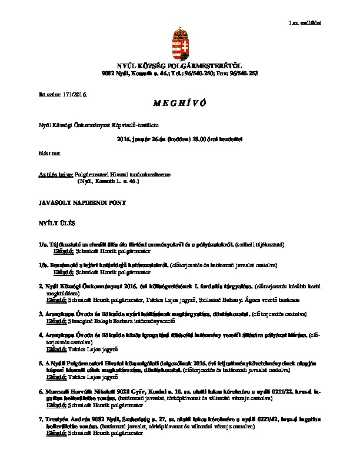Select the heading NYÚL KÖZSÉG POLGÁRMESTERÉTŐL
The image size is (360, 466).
coord(179,66)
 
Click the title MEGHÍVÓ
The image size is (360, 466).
coord(179,104)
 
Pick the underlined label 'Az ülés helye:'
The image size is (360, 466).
coord(56,175)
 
